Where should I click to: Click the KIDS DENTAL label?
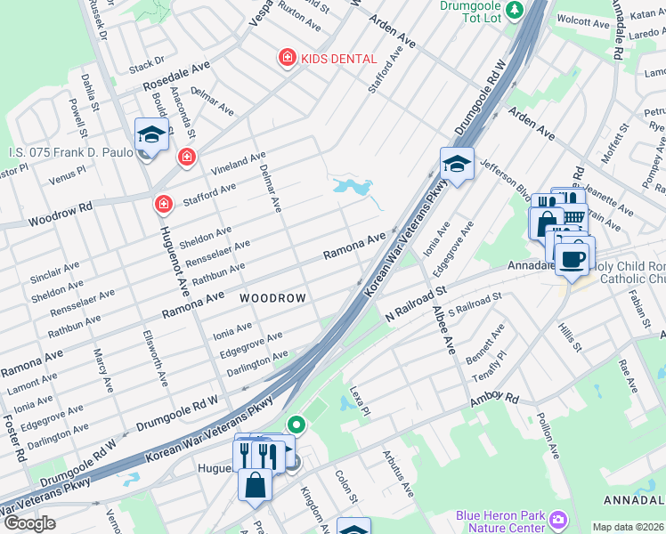coord(339,59)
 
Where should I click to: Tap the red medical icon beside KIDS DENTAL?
coord(287,59)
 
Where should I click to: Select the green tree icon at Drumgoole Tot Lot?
coord(514,10)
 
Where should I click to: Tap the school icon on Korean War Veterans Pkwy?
coord(456,164)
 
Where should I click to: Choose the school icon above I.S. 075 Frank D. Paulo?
coord(151,135)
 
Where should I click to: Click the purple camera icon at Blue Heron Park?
coord(558,518)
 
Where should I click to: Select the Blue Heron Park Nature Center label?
coord(499,522)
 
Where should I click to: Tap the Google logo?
coord(29,523)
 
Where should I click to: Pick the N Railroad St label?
coord(415,304)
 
